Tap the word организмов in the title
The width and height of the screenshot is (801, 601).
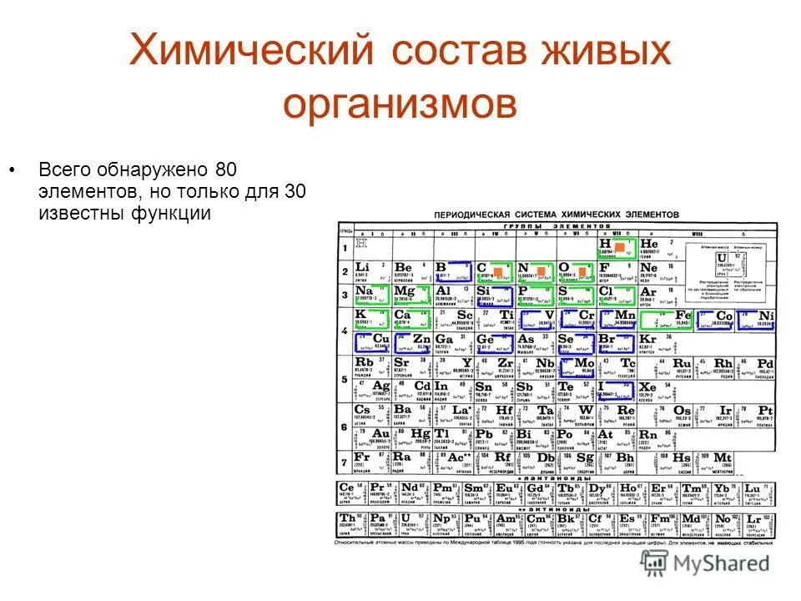click(x=400, y=106)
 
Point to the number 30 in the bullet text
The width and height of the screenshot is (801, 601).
click(x=294, y=191)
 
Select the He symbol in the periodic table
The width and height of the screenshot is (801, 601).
click(x=649, y=243)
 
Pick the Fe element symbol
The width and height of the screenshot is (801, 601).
click(x=683, y=316)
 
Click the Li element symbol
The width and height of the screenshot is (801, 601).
click(x=363, y=266)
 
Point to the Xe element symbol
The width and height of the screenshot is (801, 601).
click(x=648, y=387)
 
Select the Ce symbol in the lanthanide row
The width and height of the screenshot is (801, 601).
click(x=347, y=487)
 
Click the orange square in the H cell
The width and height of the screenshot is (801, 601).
click(x=619, y=246)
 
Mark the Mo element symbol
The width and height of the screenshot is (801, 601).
click(x=584, y=364)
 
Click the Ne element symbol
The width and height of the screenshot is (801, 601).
click(x=649, y=267)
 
